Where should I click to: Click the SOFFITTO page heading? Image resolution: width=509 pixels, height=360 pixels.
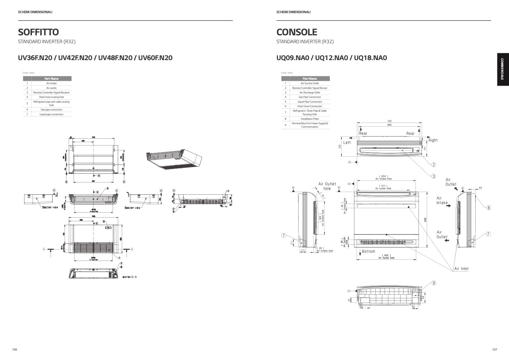tap(38, 32)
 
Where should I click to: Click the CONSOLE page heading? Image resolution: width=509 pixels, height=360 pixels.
tap(297, 32)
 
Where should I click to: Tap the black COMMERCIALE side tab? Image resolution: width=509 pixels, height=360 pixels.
tap(502, 70)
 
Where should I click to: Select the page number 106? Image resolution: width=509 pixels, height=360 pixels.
tap(15, 349)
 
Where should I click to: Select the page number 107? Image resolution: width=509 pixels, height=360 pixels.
tap(494, 349)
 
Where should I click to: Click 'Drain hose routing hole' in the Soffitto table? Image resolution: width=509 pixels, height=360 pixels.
tap(51, 97)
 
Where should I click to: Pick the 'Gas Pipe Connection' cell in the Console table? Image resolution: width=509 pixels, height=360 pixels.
tap(310, 97)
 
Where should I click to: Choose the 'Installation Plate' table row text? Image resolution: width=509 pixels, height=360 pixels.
tap(310, 119)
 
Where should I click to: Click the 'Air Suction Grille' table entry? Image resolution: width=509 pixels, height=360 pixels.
tap(310, 83)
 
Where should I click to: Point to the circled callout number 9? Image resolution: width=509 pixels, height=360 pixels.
tap(434, 283)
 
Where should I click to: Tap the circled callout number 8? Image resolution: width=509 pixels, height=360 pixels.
tap(489, 207)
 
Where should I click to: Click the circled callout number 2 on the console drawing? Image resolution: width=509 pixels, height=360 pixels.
tap(433, 165)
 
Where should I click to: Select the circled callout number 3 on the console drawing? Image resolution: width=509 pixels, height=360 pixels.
tap(433, 176)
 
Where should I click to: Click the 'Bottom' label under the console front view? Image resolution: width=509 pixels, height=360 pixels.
tap(369, 251)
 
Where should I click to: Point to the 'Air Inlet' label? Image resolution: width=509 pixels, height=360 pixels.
tap(461, 269)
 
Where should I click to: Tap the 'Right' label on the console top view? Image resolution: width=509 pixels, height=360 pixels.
tap(433, 140)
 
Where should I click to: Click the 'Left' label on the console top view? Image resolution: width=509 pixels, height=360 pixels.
tap(347, 143)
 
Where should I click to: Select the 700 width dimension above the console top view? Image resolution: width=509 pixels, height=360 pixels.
tap(389, 121)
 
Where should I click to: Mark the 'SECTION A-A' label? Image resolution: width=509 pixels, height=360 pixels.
tap(130, 277)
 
